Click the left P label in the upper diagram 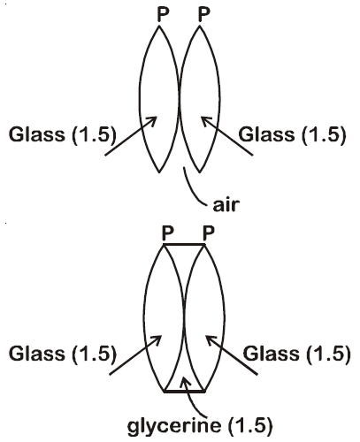[x=163, y=14]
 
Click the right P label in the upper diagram [x=203, y=14]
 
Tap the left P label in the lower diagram [x=168, y=233]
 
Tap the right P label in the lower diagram [x=209, y=233]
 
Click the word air [x=226, y=205]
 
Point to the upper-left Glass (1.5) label [x=63, y=134]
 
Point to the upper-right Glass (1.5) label [x=292, y=134]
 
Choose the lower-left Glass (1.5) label [x=63, y=353]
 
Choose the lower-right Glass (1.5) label [x=296, y=353]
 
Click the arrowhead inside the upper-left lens [x=152, y=121]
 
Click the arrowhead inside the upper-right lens [x=205, y=121]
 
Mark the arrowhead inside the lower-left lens [x=157, y=339]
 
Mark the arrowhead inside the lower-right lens [x=211, y=339]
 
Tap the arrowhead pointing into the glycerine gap [x=184, y=382]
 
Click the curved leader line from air [x=192, y=190]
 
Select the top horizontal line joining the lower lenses [x=184, y=244]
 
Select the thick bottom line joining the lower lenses [x=184, y=392]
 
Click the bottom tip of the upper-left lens [x=159, y=172]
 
